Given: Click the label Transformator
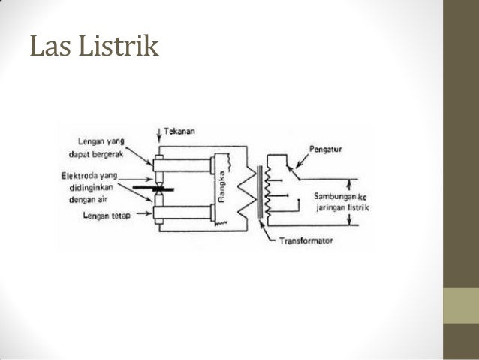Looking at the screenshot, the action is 306,242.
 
